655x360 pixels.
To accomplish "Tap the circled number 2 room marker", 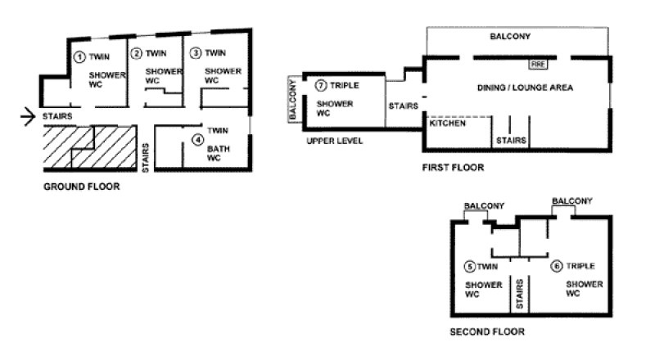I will tap(137, 54).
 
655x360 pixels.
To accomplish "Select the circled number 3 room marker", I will tap(195, 53).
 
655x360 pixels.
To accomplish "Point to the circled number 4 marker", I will tap(198, 140).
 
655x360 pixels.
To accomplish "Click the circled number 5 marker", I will tap(468, 266).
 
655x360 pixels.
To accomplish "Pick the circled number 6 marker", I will tap(556, 266).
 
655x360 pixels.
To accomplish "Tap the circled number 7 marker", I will tap(320, 85).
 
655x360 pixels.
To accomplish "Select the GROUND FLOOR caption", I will tap(81, 187).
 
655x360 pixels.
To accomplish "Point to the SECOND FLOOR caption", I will tap(487, 332).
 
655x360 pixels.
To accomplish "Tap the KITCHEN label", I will tap(448, 124).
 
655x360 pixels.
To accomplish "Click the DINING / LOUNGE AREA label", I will tap(525, 87).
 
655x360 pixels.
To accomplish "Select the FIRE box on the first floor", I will tap(538, 63).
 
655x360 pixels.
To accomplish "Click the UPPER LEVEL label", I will tap(334, 141).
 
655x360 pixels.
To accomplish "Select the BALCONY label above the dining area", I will tap(511, 38).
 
